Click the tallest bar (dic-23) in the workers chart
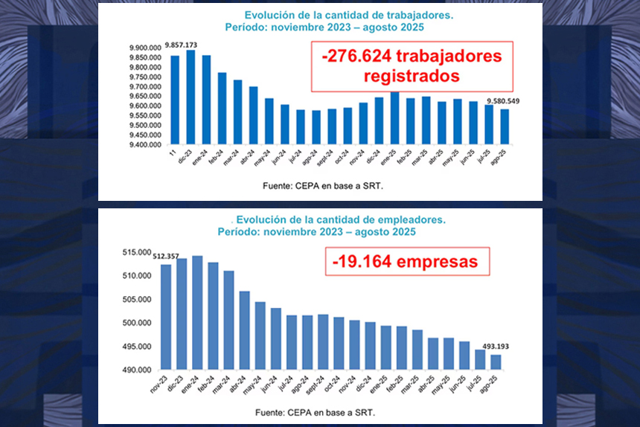191,97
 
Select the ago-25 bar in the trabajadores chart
505,126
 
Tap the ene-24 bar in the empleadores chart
197,312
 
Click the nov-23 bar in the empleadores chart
165,317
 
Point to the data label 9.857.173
181,45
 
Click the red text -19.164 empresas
406,263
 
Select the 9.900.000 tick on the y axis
144,48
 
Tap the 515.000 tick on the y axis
138,253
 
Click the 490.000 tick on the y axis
138,370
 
